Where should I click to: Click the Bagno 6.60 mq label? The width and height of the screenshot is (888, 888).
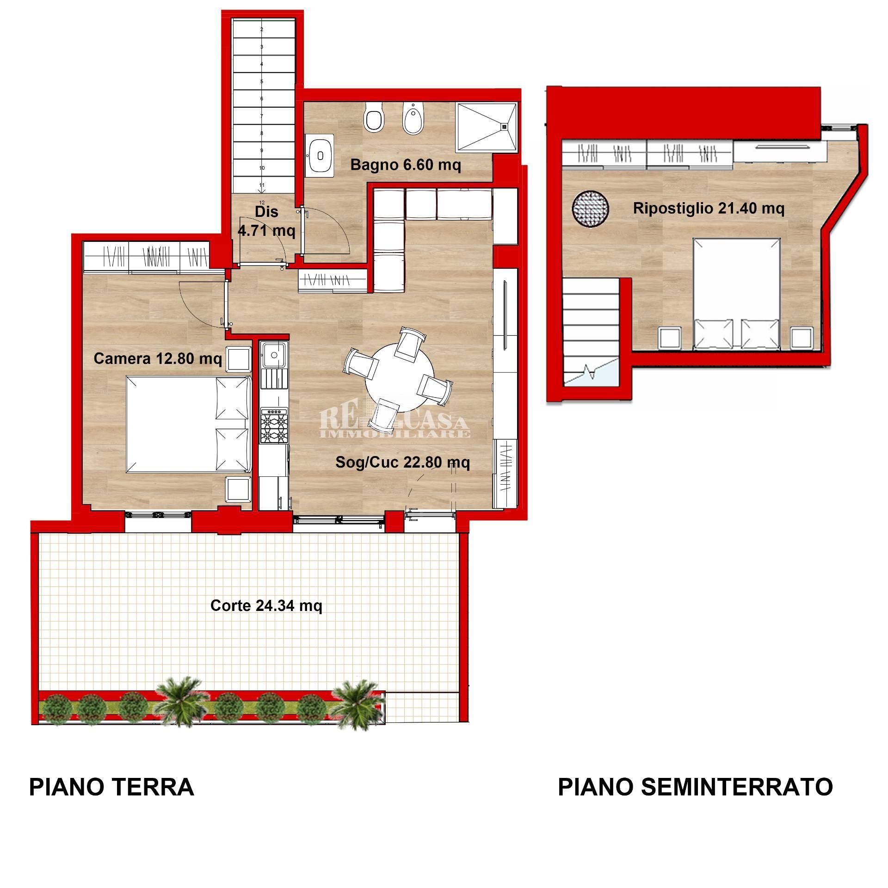[405, 165]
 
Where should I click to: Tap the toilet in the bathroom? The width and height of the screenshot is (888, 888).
[374, 118]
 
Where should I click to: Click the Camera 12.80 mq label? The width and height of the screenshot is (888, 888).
[158, 358]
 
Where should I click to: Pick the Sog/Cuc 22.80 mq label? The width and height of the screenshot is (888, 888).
[402, 462]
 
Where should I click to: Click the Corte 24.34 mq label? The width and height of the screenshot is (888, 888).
[266, 605]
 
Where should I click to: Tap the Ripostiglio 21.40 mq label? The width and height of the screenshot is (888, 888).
[709, 209]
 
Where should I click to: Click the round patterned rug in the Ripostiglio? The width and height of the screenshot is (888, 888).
[590, 209]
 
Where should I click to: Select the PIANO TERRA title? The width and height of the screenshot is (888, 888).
[111, 787]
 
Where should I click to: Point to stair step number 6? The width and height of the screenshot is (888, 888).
[262, 99]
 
